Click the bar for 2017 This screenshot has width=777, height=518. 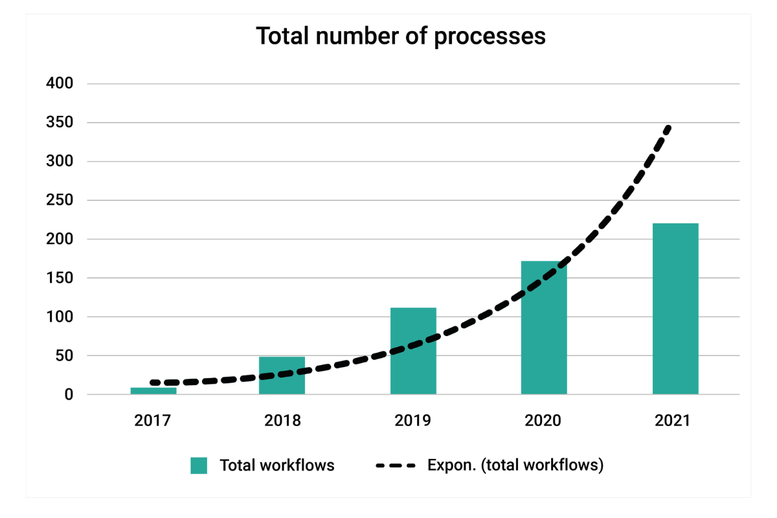(x=153, y=390)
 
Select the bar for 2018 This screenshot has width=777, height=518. (x=282, y=376)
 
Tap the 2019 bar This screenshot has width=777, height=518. (x=413, y=351)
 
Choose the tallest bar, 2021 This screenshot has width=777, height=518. (x=675, y=309)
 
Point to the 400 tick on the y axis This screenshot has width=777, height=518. (x=59, y=84)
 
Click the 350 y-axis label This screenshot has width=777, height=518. (x=59, y=122)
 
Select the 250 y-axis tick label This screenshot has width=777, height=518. (x=59, y=200)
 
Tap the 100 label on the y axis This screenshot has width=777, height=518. (x=59, y=317)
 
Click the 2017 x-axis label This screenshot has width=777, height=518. (x=153, y=420)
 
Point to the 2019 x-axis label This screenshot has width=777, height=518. (x=413, y=420)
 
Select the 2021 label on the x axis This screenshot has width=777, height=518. (x=673, y=420)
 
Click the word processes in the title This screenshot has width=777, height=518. (x=490, y=36)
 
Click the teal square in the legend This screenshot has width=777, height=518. (x=199, y=466)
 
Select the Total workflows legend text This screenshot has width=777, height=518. (x=277, y=466)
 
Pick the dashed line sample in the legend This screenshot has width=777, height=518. (x=396, y=466)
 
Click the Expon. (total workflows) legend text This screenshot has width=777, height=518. (x=515, y=466)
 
